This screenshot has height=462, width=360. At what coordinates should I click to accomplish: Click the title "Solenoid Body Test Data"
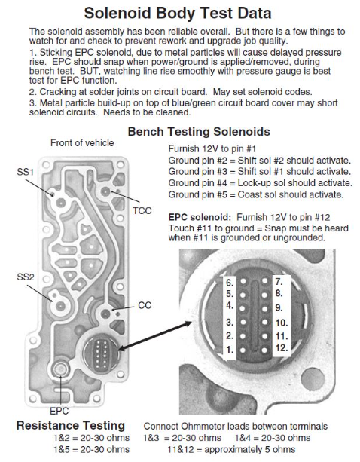(x=178, y=14)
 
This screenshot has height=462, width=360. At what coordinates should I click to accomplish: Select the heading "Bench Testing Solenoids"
(x=199, y=131)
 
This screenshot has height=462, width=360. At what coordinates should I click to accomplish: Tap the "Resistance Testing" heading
(x=71, y=426)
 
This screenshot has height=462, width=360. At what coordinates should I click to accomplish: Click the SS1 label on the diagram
(x=26, y=172)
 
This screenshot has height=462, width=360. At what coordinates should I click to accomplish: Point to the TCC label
(x=142, y=211)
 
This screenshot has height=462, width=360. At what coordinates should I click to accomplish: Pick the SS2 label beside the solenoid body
(x=26, y=277)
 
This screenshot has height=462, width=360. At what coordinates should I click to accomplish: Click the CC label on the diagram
(x=145, y=305)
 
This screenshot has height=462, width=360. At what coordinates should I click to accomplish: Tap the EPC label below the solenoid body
(x=59, y=411)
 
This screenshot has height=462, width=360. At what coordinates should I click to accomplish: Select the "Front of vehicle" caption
(x=82, y=143)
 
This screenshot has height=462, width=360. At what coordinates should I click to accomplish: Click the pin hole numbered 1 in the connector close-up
(x=243, y=350)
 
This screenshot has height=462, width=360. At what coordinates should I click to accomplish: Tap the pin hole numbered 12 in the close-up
(x=264, y=350)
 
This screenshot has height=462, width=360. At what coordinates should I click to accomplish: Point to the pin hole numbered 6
(x=243, y=281)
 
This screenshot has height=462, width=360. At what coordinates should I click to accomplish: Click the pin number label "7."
(x=279, y=282)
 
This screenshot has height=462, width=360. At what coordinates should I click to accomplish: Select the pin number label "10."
(x=282, y=323)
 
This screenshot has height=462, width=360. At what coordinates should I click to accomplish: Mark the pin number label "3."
(x=230, y=322)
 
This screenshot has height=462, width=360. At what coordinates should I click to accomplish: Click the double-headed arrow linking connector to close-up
(x=155, y=336)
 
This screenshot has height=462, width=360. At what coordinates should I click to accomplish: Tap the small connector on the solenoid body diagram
(x=101, y=351)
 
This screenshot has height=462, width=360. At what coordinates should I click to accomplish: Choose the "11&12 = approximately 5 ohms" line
(x=231, y=450)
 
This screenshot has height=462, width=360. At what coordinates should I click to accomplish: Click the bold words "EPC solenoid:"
(x=200, y=218)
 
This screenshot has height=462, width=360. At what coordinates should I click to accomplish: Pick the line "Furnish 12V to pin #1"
(x=212, y=148)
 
